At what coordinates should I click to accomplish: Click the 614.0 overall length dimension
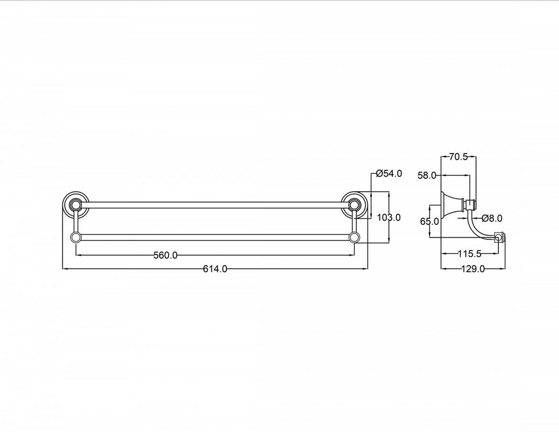pyautogui.click(x=215, y=269)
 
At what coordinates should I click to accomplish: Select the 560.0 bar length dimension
pyautogui.click(x=165, y=255)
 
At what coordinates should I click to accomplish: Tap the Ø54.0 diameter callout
pyautogui.click(x=389, y=174)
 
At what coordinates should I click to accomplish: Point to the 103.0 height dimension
pyautogui.click(x=388, y=218)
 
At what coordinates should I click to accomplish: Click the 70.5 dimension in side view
pyautogui.click(x=459, y=157)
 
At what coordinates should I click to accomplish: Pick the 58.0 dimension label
pyautogui.click(x=427, y=176)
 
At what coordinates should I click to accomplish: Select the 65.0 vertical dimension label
pyautogui.click(x=430, y=222)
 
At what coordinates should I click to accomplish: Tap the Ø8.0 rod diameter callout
pyautogui.click(x=492, y=219)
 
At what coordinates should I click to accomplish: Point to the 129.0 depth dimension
pyautogui.click(x=473, y=269)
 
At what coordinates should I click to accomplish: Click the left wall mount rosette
pyautogui.click(x=75, y=205)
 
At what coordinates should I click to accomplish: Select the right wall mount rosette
pyautogui.click(x=354, y=205)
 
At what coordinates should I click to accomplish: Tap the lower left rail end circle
pyautogui.click(x=75, y=237)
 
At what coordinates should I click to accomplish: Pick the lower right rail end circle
pyautogui.click(x=354, y=237)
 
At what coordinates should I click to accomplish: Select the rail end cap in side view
pyautogui.click(x=500, y=237)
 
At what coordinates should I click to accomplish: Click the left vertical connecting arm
pyautogui.click(x=75, y=222)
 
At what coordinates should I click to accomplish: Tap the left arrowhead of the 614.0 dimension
pyautogui.click(x=65, y=269)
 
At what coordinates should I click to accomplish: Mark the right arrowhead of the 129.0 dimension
pyautogui.click(x=503, y=269)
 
